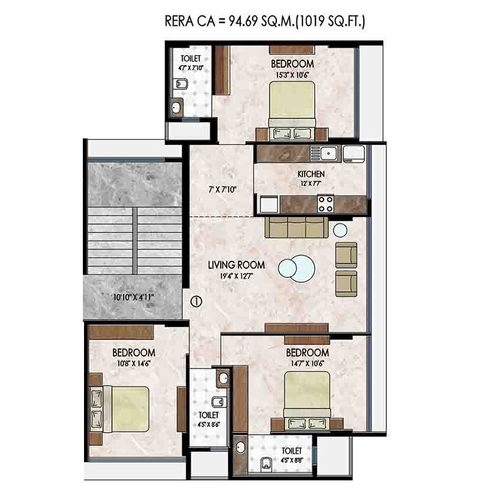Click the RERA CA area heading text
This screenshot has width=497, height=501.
tap(265, 22)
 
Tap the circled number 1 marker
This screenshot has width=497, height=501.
tap(196, 301)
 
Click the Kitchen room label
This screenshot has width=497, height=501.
tap(311, 174)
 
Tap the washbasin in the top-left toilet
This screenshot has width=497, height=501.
tap(176, 107)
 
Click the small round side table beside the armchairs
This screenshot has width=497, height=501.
tap(340, 230)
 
